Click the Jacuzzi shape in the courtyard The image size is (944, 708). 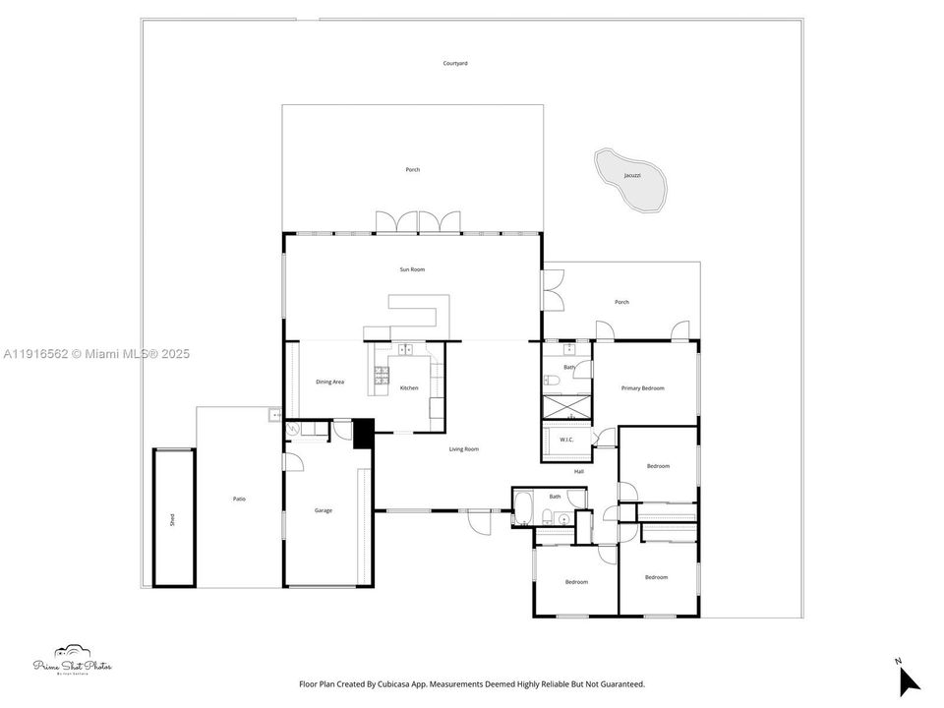pyautogui.click(x=630, y=181)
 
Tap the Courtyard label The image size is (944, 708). pyautogui.click(x=455, y=63)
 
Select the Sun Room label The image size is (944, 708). pyautogui.click(x=412, y=269)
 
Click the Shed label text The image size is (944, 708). pyautogui.click(x=172, y=518)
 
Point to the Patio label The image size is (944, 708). pyautogui.click(x=239, y=500)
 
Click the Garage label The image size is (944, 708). pyautogui.click(x=324, y=510)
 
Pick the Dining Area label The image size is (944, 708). pyautogui.click(x=329, y=382)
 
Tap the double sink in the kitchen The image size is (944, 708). pyautogui.click(x=405, y=348)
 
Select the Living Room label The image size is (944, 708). pyautogui.click(x=464, y=449)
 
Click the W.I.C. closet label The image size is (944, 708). pyautogui.click(x=566, y=440)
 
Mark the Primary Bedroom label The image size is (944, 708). pyautogui.click(x=643, y=388)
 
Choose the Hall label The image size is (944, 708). pyautogui.click(x=579, y=472)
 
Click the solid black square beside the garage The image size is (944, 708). pyautogui.click(x=364, y=434)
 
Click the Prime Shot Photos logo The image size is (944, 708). pyautogui.click(x=73, y=660)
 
